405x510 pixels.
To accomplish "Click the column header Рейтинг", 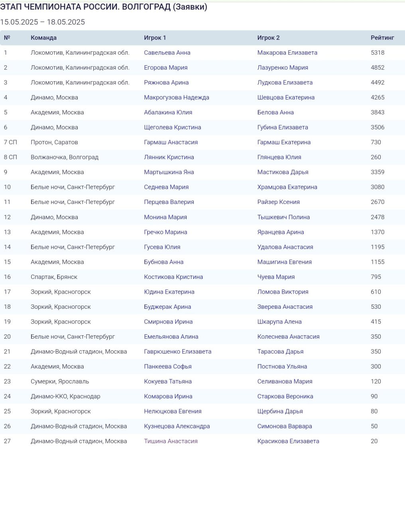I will point(382,38).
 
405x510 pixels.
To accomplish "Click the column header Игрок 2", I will point(268,38).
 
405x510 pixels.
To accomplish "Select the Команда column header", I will point(43,38).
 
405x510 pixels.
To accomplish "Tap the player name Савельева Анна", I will point(167,53).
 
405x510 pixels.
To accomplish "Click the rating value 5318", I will point(377,53).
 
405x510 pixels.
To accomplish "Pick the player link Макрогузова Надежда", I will point(176,98).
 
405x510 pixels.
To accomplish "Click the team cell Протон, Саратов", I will point(54,142).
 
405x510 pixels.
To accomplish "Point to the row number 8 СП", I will point(10,157).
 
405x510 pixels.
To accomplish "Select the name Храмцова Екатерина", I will point(287,187).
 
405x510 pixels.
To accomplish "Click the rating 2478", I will point(377,217).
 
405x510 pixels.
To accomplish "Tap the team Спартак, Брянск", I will point(54,277).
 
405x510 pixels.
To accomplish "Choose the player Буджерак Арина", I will point(167,307).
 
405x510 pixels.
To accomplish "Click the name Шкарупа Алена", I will point(279,322).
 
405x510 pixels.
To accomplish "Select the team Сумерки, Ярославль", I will point(60,381).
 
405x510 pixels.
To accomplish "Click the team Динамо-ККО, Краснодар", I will point(65,396).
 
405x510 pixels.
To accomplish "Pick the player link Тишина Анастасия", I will point(171,441).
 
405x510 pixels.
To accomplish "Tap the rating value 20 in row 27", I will point(374,441).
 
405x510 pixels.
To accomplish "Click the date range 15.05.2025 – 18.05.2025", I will point(42,22).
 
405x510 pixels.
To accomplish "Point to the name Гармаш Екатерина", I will point(284,142).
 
